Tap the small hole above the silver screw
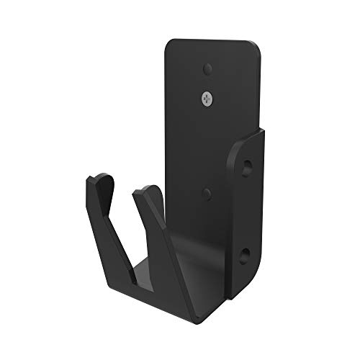coord(207,69)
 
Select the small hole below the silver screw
coord(207,192)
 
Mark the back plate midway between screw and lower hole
coord(207,144)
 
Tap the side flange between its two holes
coord(248,211)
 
